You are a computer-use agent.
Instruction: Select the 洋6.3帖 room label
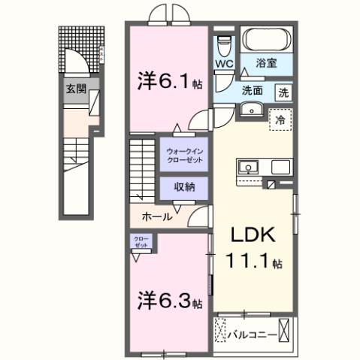[x=169, y=301]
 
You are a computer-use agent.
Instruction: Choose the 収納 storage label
[x=184, y=186]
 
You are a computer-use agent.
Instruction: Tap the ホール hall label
[x=157, y=216]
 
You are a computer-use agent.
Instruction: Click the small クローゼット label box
[x=141, y=242]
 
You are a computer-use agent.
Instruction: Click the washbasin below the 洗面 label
[x=250, y=110]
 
